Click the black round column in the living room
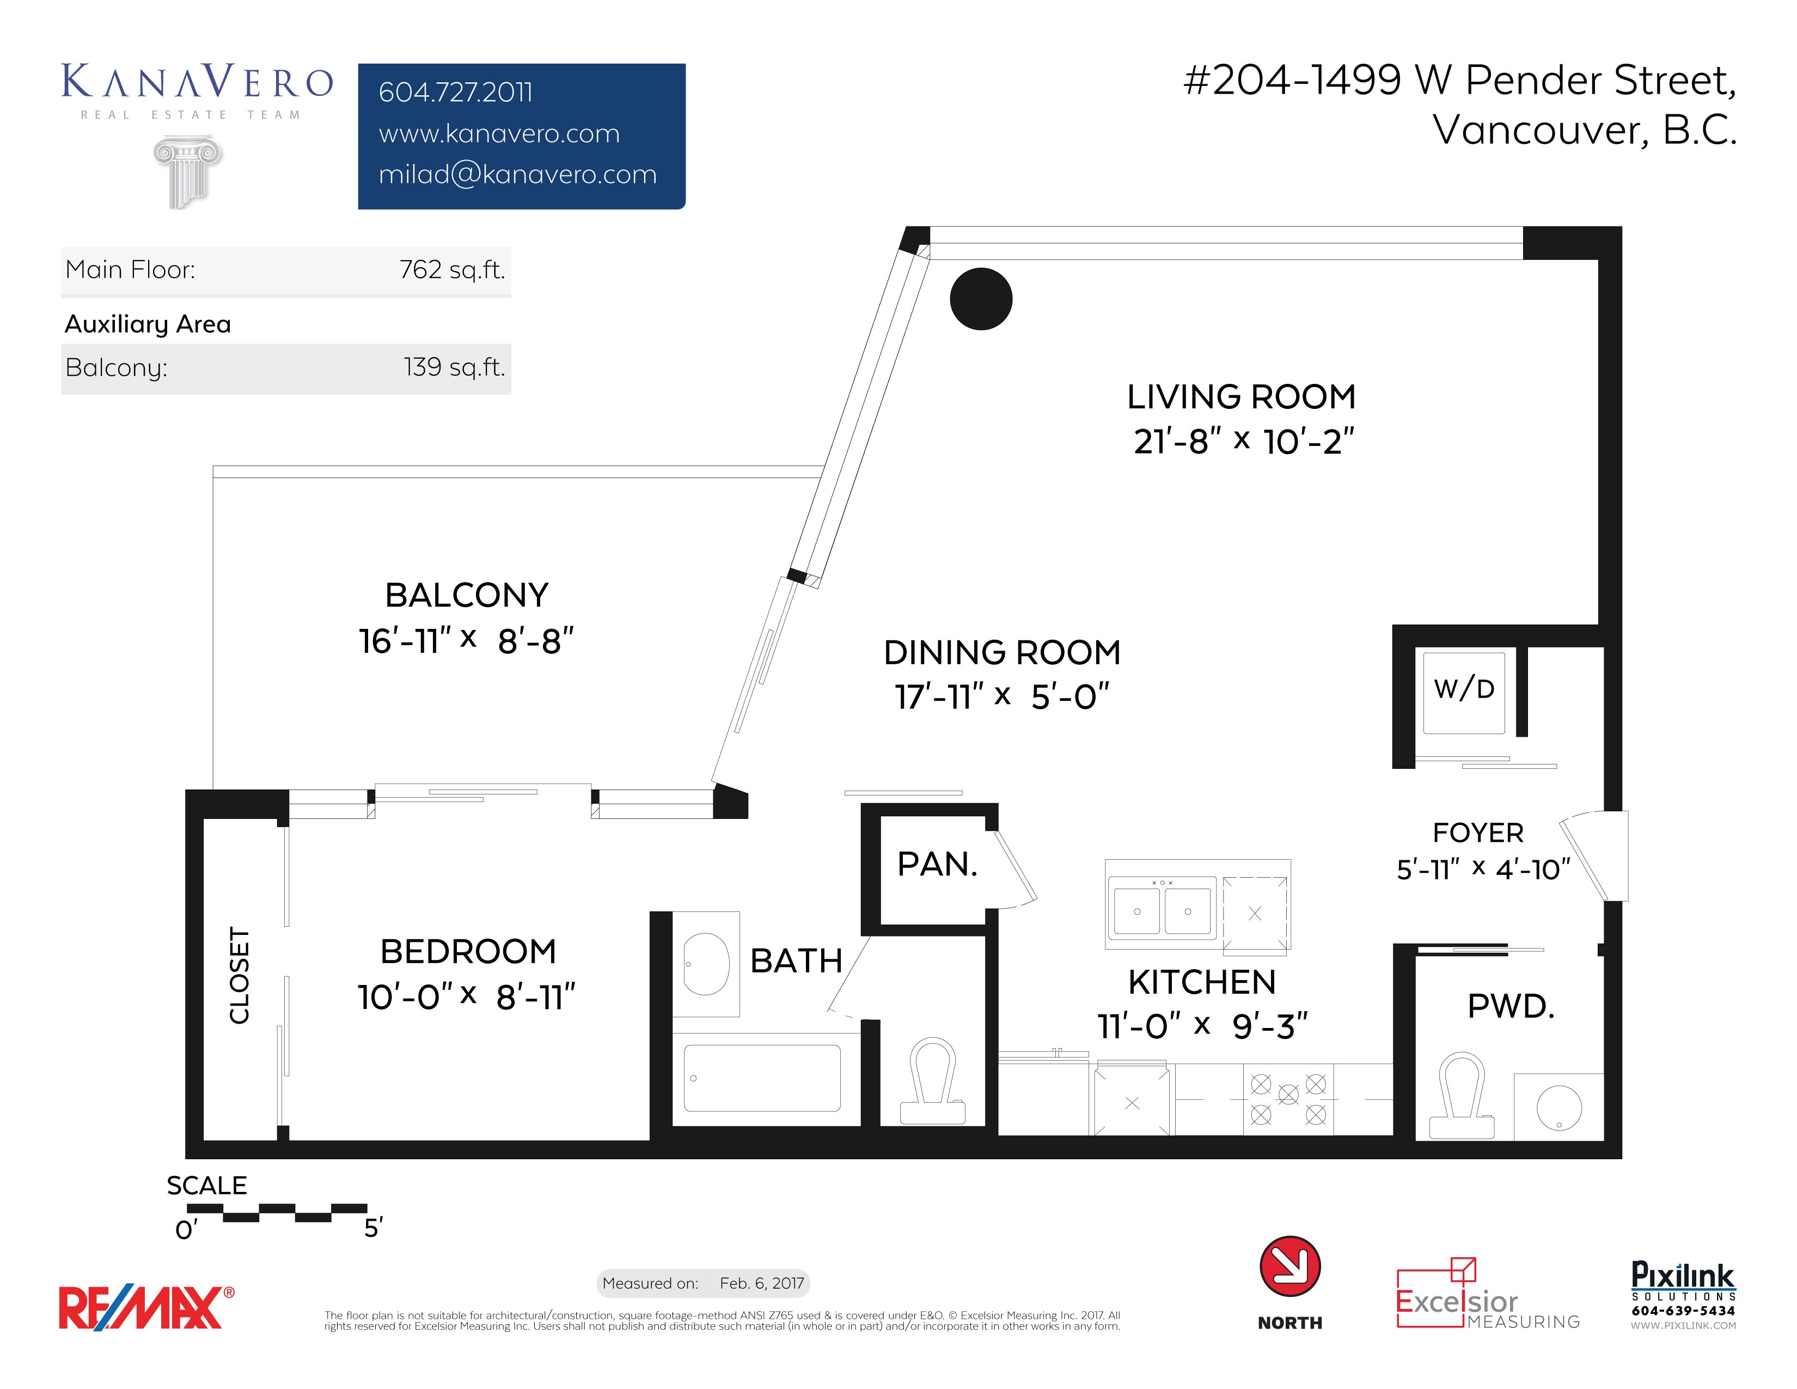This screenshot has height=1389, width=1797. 981,299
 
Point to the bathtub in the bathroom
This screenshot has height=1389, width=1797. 762,1078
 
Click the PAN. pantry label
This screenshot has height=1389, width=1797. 937,865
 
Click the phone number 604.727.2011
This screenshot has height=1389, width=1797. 455,92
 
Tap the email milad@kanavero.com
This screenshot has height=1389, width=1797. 517,174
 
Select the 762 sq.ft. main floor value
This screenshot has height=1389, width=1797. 452,270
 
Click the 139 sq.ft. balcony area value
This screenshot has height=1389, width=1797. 454,367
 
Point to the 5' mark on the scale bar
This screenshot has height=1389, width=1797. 372,1228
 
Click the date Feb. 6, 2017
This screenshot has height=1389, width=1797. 761,1283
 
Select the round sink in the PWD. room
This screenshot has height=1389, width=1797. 1558,1107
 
